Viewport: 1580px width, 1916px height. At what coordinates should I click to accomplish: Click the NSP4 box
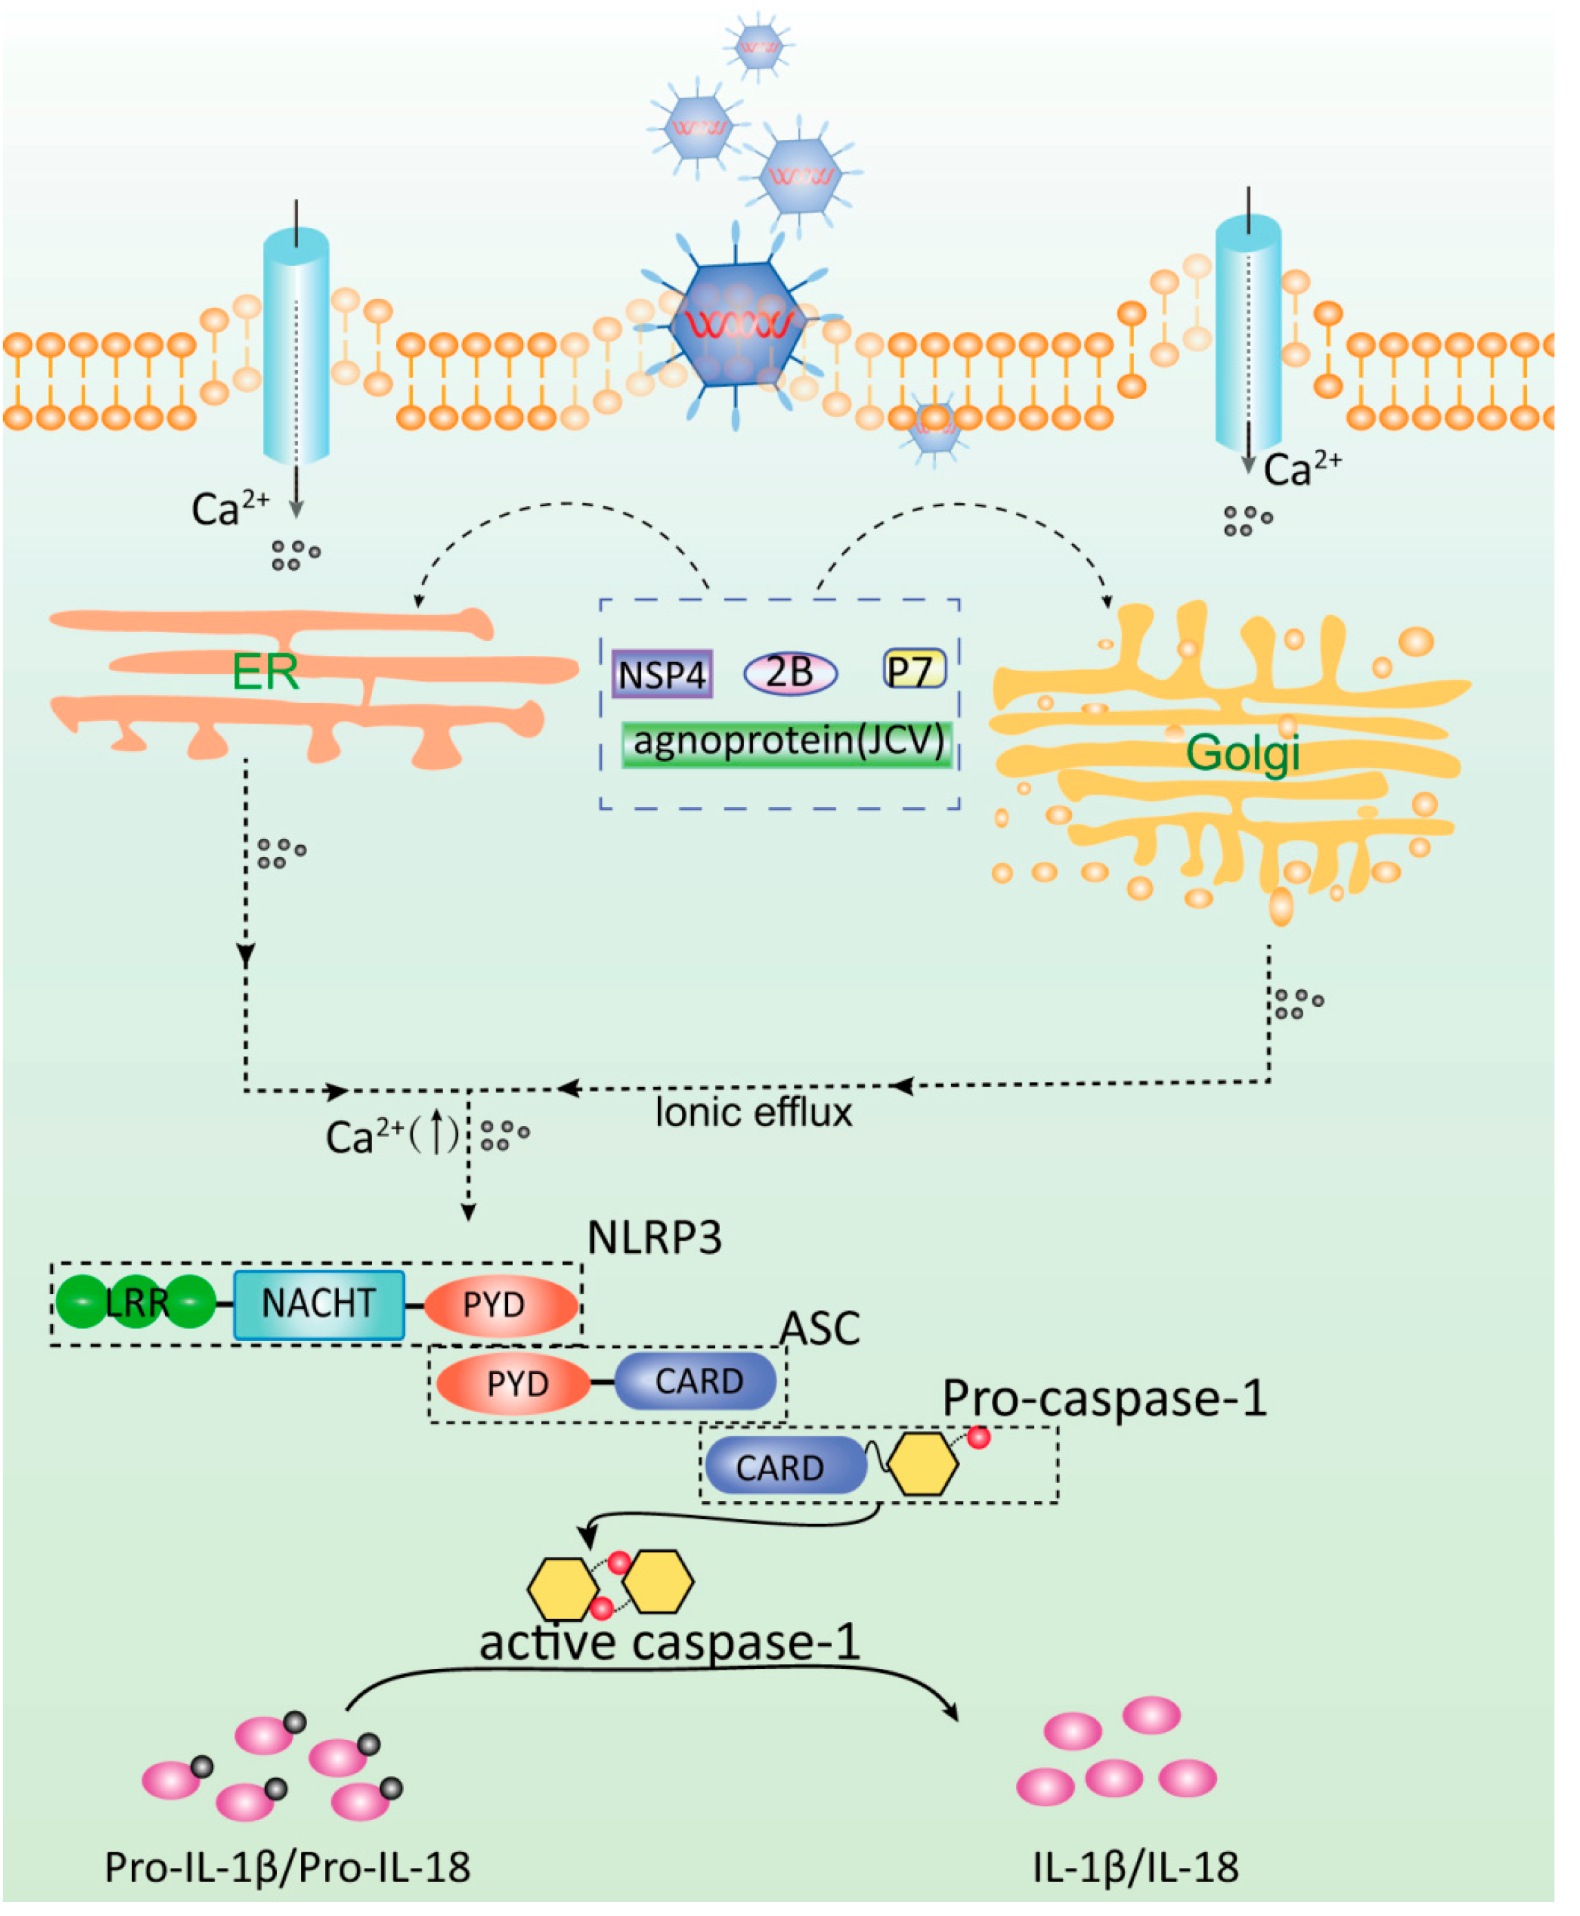point(662,675)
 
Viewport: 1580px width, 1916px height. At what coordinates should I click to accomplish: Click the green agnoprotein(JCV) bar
point(788,744)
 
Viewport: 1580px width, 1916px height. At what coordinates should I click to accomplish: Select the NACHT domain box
point(318,1304)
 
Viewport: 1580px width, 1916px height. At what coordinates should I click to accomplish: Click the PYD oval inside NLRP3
point(500,1304)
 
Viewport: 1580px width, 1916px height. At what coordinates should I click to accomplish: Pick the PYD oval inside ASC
point(514,1384)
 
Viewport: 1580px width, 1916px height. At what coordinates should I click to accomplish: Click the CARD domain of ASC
point(696,1382)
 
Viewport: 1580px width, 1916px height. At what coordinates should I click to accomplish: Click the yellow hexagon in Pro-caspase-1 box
point(922,1464)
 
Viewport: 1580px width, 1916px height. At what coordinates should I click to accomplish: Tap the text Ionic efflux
point(754,1113)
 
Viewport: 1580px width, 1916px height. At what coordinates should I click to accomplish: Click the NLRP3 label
point(654,1238)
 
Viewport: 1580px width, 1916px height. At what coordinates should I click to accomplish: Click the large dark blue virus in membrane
point(737,325)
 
